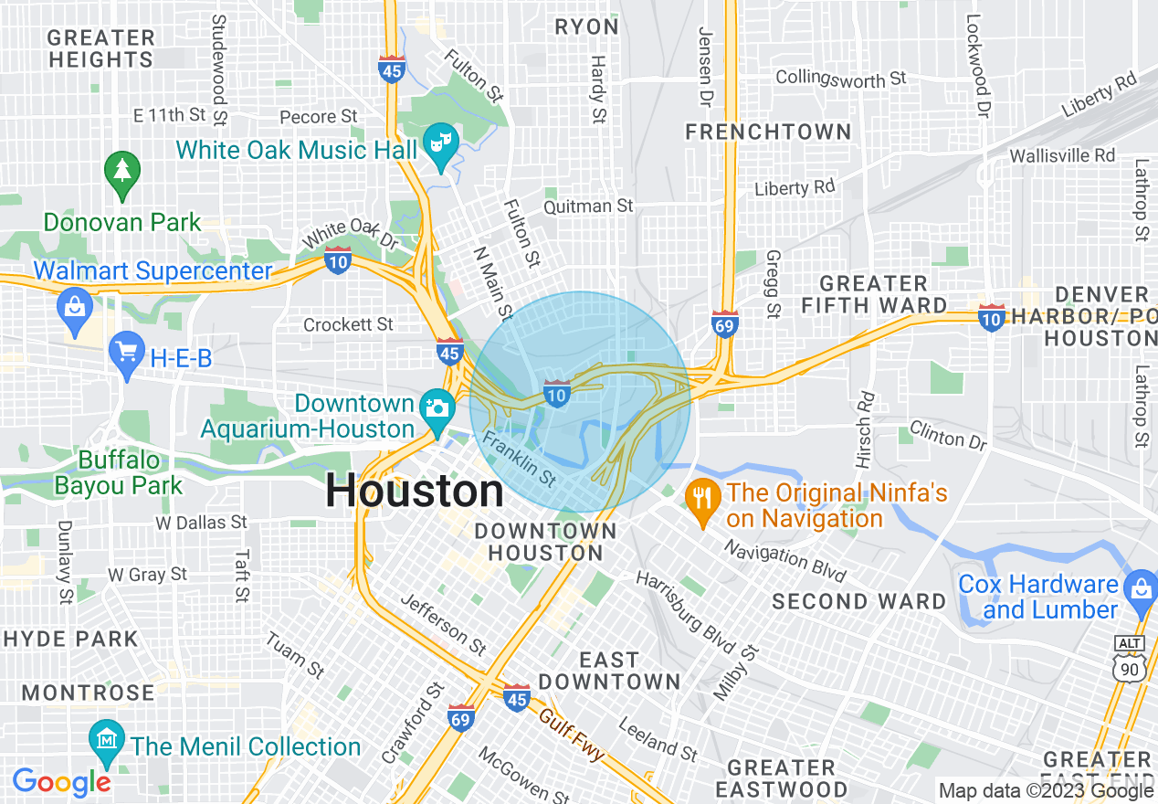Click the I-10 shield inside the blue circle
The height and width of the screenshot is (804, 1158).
click(x=557, y=393)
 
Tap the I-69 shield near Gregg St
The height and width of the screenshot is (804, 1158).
click(x=724, y=323)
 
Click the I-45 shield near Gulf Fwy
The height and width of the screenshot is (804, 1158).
click(x=516, y=697)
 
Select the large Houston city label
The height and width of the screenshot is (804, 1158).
click(x=415, y=492)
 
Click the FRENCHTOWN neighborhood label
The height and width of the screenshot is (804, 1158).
click(x=768, y=132)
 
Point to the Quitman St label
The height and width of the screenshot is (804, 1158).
click(x=588, y=206)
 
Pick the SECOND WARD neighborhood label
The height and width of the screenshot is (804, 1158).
click(x=858, y=601)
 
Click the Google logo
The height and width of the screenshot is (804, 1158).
click(x=61, y=782)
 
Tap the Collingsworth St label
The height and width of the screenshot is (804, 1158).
click(x=840, y=79)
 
